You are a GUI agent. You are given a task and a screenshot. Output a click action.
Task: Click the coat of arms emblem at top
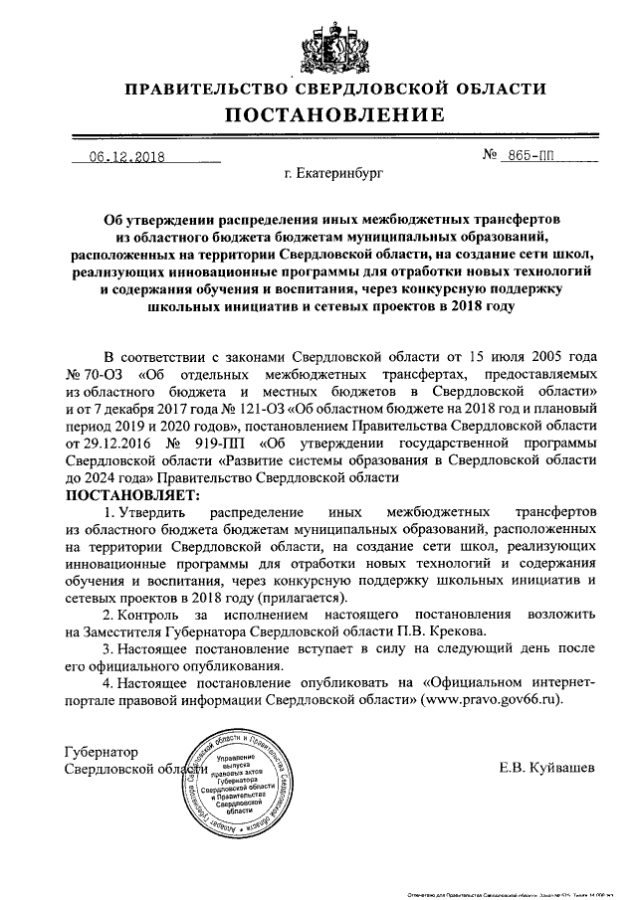[318, 46]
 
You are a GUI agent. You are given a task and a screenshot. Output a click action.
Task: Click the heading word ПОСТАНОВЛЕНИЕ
[318, 115]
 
